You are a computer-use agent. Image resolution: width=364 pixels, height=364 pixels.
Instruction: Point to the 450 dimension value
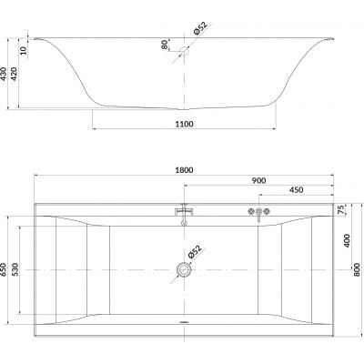[x=296, y=192]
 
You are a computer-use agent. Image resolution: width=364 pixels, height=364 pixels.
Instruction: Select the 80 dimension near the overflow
[x=165, y=45]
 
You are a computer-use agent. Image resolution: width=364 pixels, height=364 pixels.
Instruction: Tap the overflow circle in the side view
[x=186, y=52]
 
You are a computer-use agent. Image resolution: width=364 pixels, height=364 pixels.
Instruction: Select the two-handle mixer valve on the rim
[x=259, y=215]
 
